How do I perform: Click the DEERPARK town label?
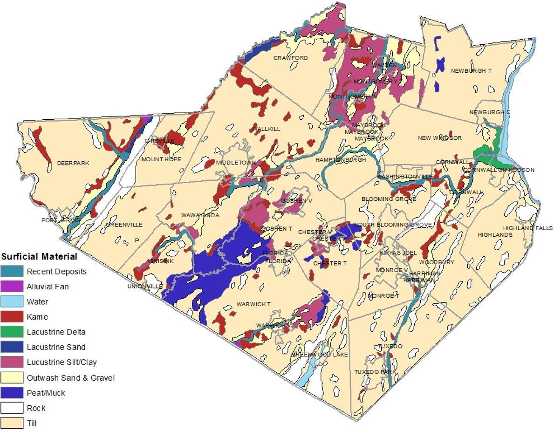[x=73, y=163]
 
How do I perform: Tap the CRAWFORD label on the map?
[x=290, y=58]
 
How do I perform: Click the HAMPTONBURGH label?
[x=341, y=159]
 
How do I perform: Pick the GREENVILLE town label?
[x=124, y=225]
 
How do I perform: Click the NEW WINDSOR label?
[x=439, y=138]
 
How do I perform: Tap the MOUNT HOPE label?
[x=161, y=159]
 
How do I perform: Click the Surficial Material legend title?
[x=39, y=256]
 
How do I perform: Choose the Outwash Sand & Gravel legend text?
[x=70, y=378]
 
